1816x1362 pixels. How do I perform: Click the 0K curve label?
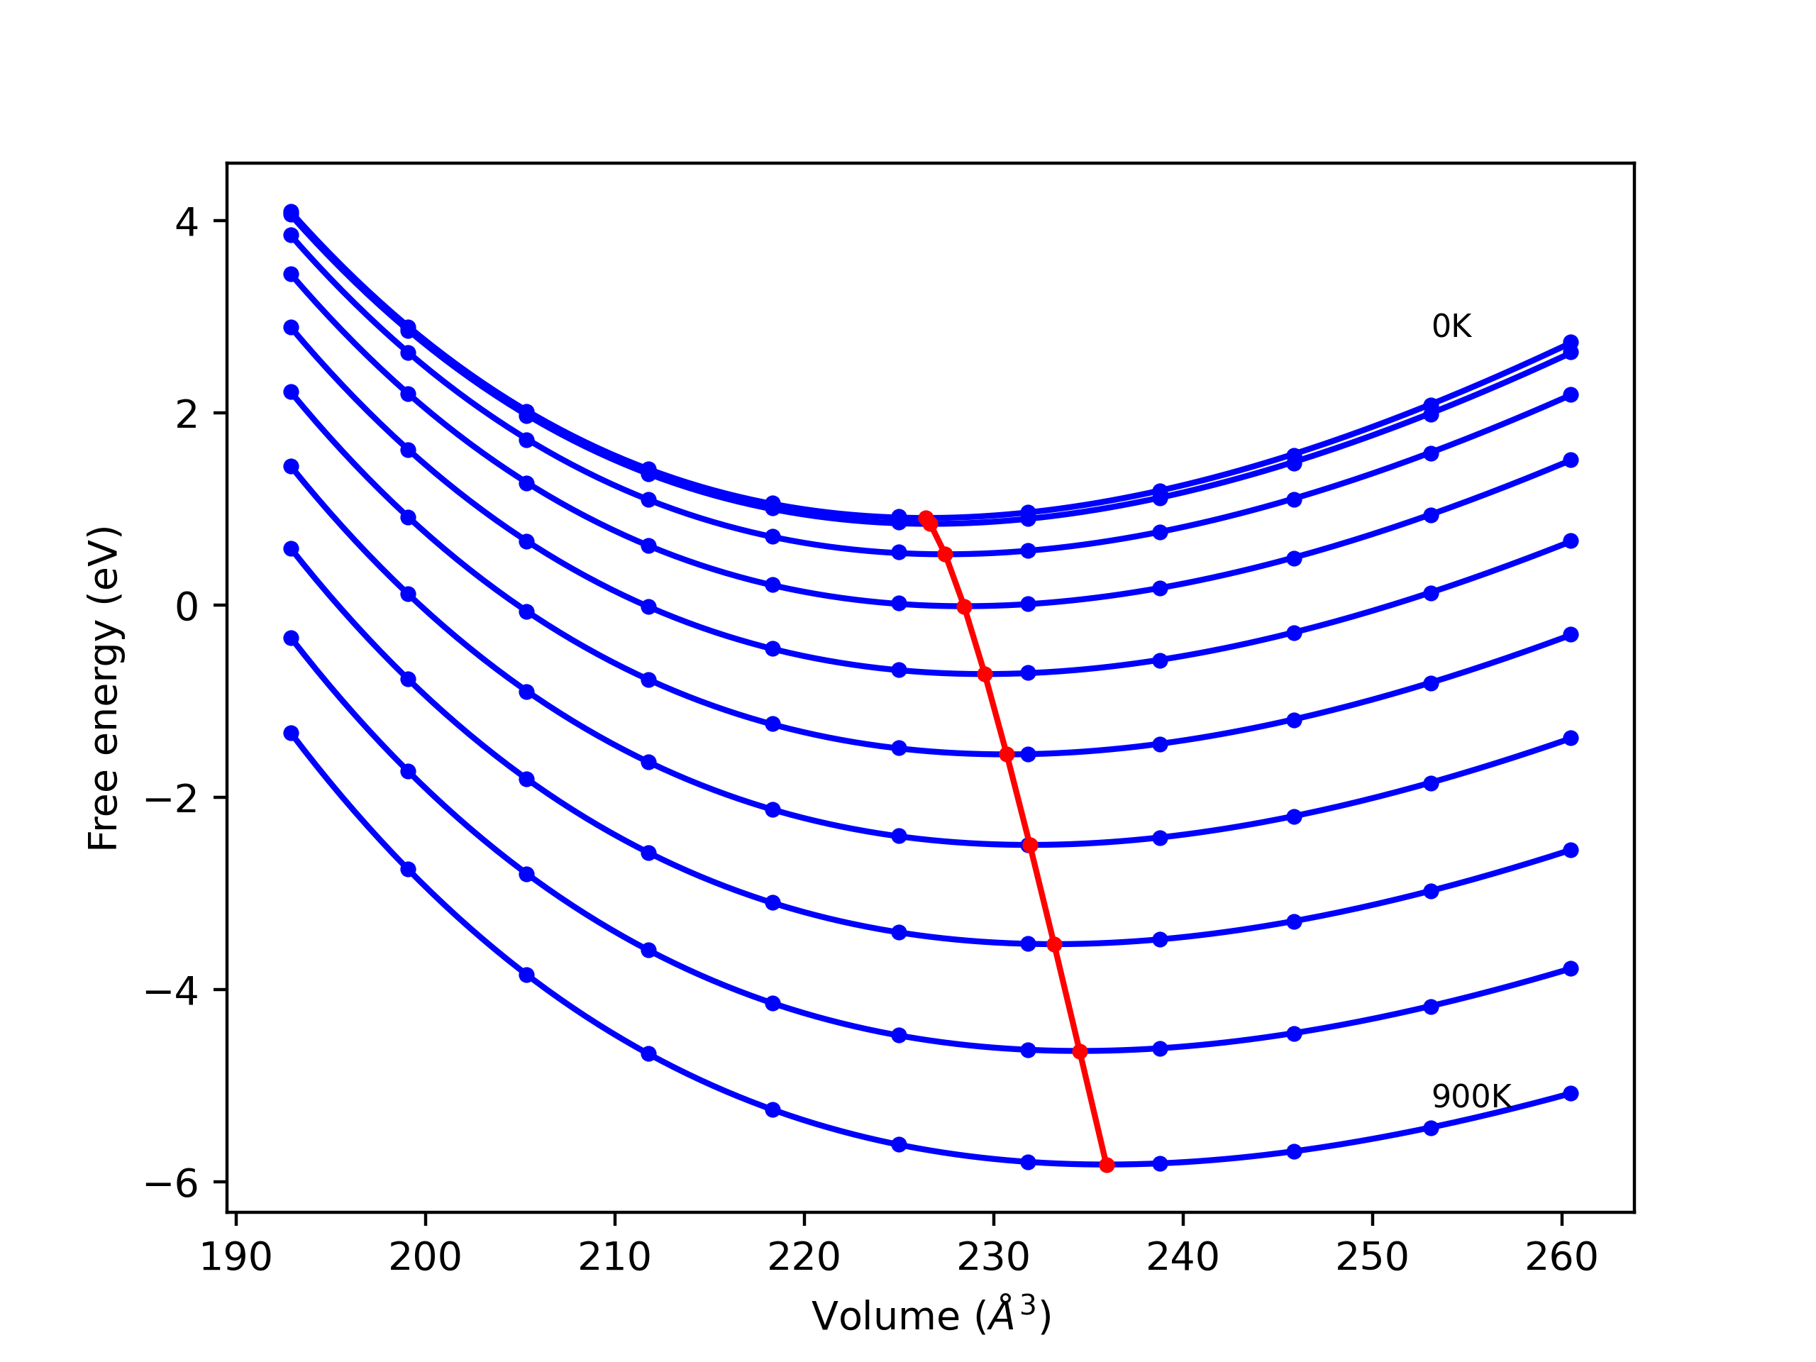[x=1451, y=327]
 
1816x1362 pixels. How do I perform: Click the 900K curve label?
[x=1471, y=1097]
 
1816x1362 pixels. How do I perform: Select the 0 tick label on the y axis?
[x=187, y=607]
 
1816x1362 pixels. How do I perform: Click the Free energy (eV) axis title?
[x=104, y=688]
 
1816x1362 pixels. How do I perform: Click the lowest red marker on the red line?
[x=1107, y=1165]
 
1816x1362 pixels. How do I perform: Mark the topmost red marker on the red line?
[x=926, y=518]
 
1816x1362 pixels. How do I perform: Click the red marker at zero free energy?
[x=965, y=607]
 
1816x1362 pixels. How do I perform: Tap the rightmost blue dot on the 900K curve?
[x=1571, y=1094]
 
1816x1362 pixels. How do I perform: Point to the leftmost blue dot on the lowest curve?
[x=292, y=733]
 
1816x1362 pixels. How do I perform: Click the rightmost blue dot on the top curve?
[x=1571, y=343]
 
